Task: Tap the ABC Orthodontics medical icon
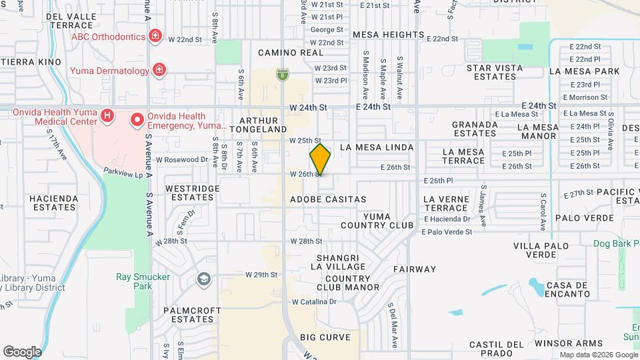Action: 155,35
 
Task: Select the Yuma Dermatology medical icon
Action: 159,69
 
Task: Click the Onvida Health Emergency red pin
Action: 137,120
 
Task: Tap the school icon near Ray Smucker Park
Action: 203,279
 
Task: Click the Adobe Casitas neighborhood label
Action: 328,199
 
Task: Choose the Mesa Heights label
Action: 388,35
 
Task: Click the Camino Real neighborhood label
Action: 281,52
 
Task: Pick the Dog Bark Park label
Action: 616,244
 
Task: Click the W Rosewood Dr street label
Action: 181,160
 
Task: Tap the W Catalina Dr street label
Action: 315,301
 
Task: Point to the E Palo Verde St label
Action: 447,232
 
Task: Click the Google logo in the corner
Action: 22,351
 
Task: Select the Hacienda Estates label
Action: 54,203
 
